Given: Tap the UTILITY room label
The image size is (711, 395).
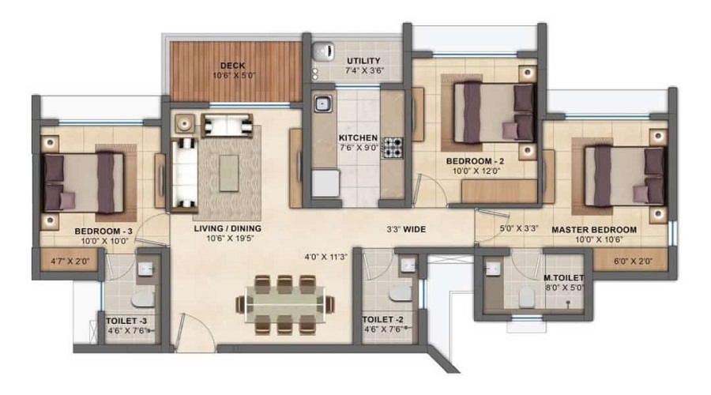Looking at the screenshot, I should point(363,61).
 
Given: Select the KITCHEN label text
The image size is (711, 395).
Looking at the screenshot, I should point(336,137).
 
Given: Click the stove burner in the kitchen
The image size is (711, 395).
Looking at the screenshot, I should point(393,147).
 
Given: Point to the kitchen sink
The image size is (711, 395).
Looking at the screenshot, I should point(322,103).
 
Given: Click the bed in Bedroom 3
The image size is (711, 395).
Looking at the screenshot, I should point(84,182).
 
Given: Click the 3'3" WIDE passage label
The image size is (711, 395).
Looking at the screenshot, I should point(406,230).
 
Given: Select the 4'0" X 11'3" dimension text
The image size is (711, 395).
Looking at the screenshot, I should point(326,256).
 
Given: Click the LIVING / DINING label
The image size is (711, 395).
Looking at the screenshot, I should point(228,229).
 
